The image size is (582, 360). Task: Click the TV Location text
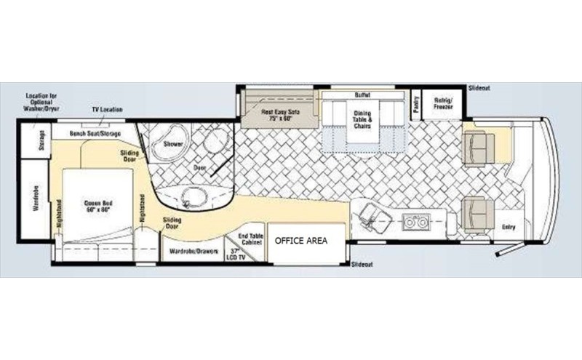[x=108, y=110]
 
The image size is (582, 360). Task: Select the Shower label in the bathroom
[x=172, y=144]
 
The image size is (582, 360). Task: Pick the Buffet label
[x=362, y=95]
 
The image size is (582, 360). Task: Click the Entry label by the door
[x=509, y=227]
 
